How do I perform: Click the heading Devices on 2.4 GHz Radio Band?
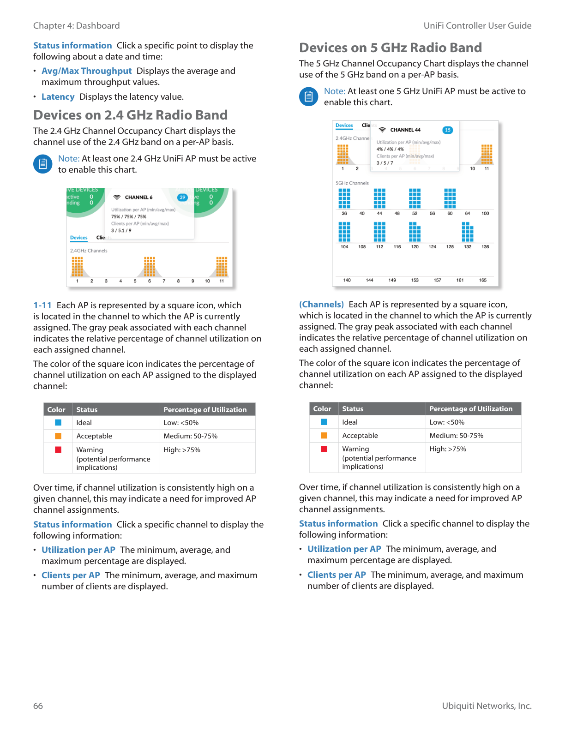[130, 115]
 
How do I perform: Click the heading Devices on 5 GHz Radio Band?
[390, 48]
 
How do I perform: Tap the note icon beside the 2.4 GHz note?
[42, 164]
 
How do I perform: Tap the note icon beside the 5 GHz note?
[308, 96]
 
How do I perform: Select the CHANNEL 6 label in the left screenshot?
[138, 198]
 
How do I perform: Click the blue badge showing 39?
[182, 198]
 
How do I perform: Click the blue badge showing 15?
[447, 130]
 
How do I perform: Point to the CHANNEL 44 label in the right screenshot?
[405, 130]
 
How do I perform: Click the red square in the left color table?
[58, 450]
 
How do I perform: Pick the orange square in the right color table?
[324, 436]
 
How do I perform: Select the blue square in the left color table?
[58, 423]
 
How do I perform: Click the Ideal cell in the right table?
[350, 422]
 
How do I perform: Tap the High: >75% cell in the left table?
[182, 450]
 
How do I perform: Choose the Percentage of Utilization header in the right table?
[470, 409]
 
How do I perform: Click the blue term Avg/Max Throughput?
[86, 71]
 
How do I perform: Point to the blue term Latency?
[58, 97]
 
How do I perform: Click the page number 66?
[38, 706]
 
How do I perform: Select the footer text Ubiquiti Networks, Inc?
[487, 706]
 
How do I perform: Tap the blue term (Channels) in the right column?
[321, 305]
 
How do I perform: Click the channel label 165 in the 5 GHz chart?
[482, 280]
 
